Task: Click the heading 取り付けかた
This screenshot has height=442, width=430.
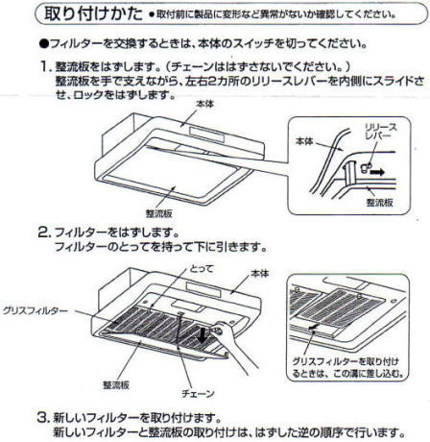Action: [x=93, y=13]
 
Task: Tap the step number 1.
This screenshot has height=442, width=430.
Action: [x=45, y=66]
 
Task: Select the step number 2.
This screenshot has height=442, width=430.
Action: [x=44, y=233]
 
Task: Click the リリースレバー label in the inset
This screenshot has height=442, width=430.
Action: [x=380, y=132]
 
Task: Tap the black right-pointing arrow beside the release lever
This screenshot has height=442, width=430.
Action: [x=377, y=172]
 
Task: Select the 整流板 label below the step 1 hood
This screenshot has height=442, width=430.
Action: [x=159, y=213]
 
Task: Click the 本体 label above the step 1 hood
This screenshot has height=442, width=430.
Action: [x=204, y=104]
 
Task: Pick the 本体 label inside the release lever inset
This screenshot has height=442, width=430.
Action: [x=304, y=141]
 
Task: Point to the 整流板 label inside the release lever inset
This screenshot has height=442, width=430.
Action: [x=379, y=203]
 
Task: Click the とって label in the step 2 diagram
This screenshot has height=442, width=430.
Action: [x=202, y=268]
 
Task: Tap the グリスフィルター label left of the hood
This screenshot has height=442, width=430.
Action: [x=36, y=310]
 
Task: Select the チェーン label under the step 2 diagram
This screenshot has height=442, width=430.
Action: [x=198, y=393]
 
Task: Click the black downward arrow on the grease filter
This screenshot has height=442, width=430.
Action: [x=203, y=334]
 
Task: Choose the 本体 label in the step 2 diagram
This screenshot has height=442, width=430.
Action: [x=260, y=274]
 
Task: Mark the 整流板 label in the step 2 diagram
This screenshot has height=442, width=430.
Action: [x=116, y=385]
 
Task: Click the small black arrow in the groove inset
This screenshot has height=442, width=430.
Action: [x=314, y=327]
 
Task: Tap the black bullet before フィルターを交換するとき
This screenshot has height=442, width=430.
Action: [x=44, y=43]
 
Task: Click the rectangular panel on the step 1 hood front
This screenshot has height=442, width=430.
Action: [x=206, y=134]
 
